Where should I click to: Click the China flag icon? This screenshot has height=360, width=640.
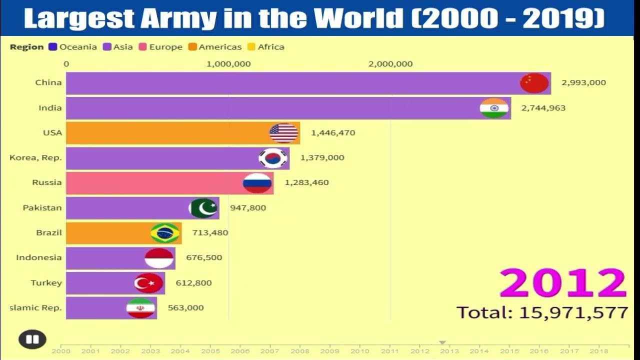[x=534, y=83]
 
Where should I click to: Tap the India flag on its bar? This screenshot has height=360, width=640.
[x=494, y=108]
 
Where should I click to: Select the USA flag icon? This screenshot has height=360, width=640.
[x=283, y=133]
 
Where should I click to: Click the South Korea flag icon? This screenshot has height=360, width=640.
[x=273, y=158]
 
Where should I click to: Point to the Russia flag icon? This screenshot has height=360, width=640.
[x=257, y=183]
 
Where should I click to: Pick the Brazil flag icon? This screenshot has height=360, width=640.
[x=165, y=233]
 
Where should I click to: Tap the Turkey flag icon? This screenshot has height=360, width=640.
[x=148, y=283]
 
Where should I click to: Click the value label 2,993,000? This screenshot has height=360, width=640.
[x=583, y=82]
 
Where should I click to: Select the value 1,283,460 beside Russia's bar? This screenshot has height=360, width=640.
[x=306, y=182]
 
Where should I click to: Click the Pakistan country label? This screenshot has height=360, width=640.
[x=42, y=207]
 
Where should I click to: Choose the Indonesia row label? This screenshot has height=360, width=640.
[x=39, y=257]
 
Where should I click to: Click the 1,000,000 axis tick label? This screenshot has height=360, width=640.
[x=228, y=63]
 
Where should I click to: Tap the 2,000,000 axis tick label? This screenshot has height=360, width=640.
[x=390, y=63]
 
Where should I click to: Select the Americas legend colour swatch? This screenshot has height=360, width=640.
[x=192, y=47]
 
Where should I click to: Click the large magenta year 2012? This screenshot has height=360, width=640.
[x=562, y=283]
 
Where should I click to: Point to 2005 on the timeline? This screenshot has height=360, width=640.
[x=209, y=351]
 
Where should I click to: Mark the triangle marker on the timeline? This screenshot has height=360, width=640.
[x=442, y=342]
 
